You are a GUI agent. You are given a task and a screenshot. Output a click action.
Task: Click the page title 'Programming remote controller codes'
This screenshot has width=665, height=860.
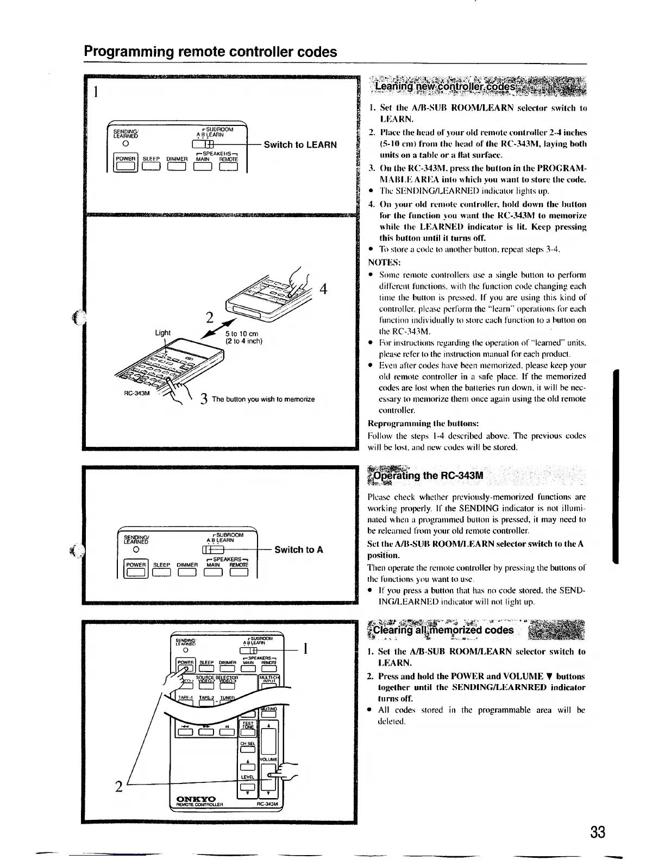[210, 52]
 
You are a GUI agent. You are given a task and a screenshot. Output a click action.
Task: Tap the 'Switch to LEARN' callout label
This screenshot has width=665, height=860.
[300, 144]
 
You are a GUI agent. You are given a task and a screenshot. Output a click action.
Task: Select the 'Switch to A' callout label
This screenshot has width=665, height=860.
[299, 549]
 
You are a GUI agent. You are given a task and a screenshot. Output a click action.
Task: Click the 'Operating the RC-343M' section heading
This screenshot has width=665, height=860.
[429, 476]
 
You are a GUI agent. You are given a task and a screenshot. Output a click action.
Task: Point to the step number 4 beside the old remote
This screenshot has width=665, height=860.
[323, 289]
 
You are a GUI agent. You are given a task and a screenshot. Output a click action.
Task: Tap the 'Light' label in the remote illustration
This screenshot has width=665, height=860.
[162, 332]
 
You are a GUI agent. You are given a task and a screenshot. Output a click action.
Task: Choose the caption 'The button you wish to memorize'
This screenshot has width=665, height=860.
[264, 399]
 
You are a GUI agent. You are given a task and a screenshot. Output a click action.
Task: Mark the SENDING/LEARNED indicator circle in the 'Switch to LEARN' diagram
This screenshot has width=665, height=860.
[125, 144]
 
